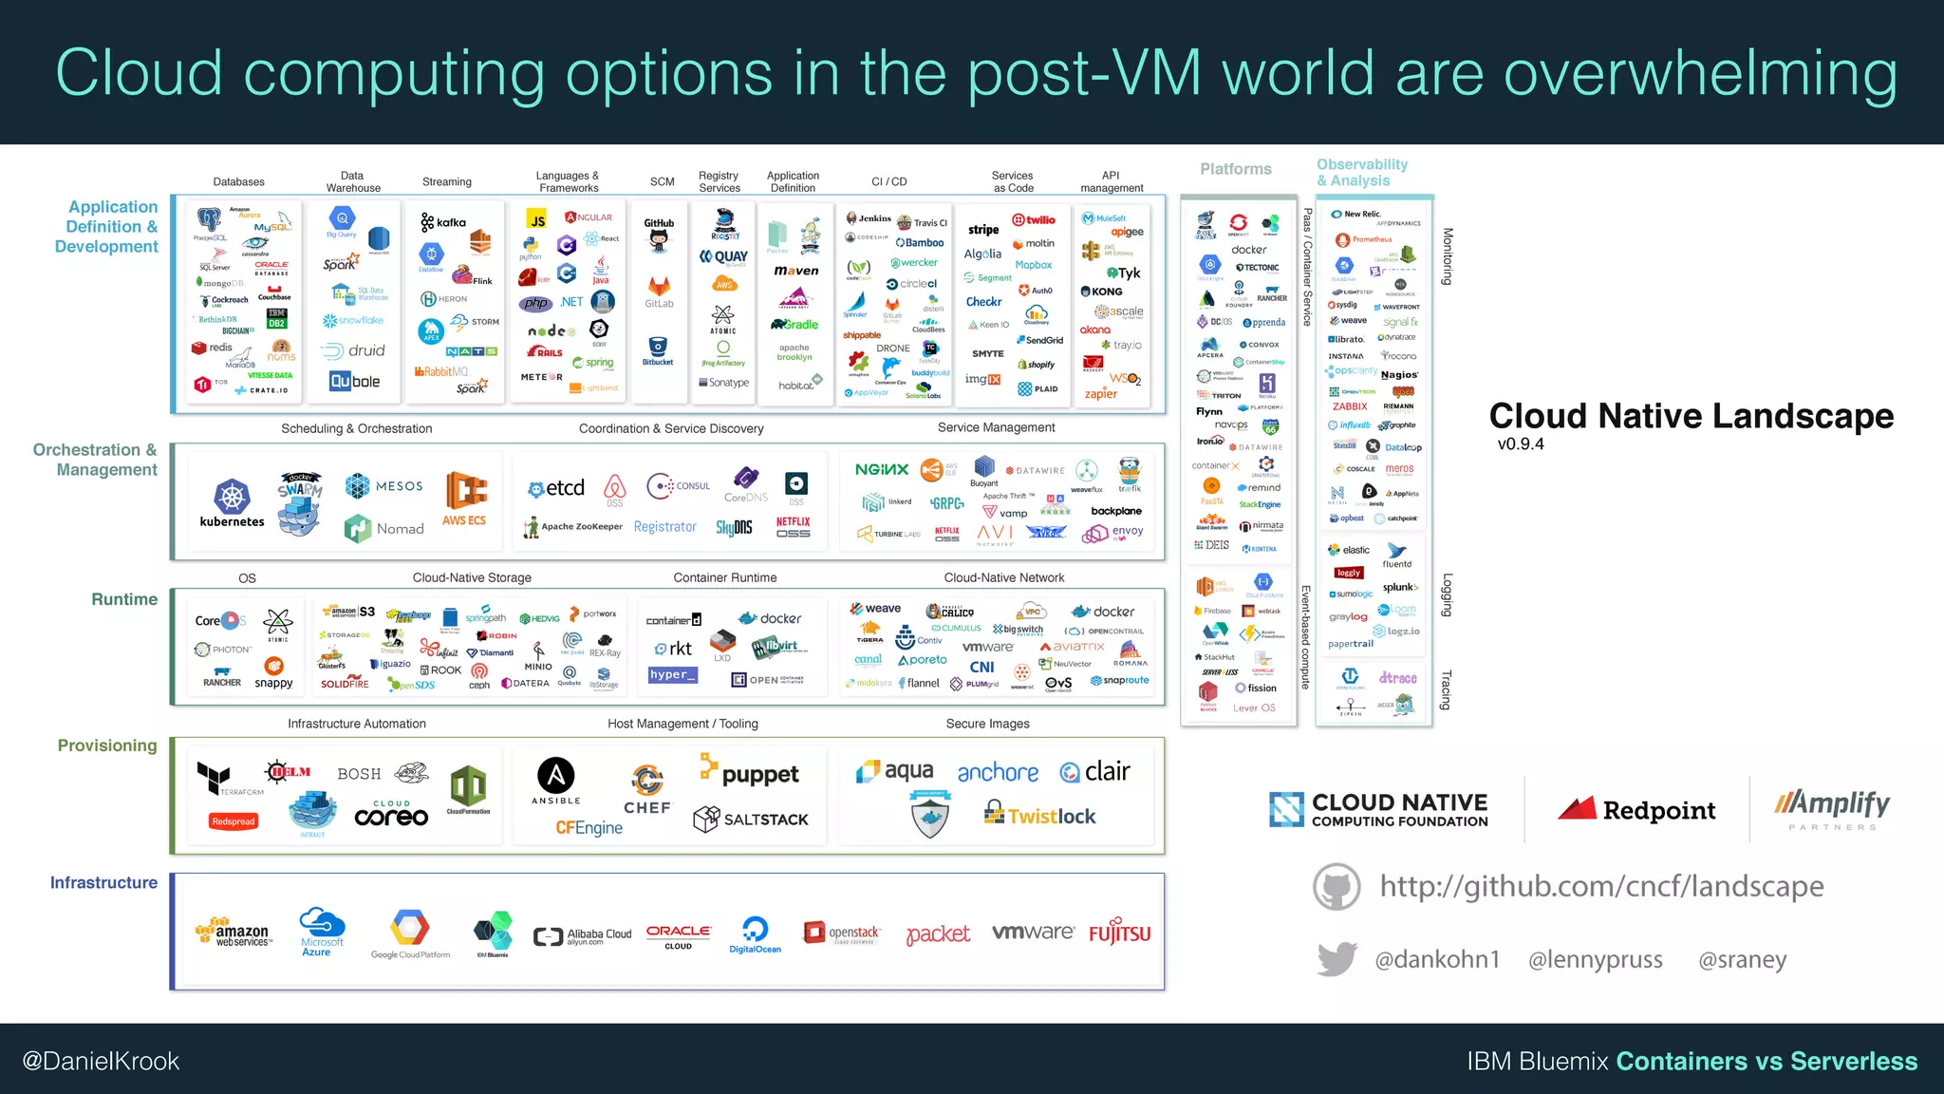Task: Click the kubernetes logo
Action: (x=232, y=503)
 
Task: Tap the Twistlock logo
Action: (x=1040, y=815)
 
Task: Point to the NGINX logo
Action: (x=882, y=469)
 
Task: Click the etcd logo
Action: (x=557, y=488)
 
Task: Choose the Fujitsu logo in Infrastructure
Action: (x=1119, y=933)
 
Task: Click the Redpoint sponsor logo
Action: (x=1636, y=809)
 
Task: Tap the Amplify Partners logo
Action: (x=1832, y=808)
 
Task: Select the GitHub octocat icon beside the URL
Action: (x=1336, y=887)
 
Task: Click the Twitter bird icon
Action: (x=1336, y=959)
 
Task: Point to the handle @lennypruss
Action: (x=1595, y=960)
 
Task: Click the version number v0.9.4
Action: (x=1521, y=444)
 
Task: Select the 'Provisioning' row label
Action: (x=107, y=745)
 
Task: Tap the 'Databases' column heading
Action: (x=239, y=181)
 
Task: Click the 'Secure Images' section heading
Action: (x=987, y=724)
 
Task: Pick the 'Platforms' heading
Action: (x=1235, y=169)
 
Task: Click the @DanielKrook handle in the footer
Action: (x=101, y=1061)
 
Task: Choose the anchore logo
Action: (x=998, y=772)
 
